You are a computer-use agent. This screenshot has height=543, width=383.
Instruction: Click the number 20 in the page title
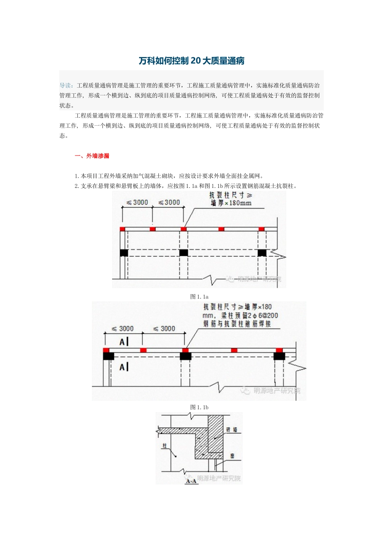[x=195, y=61]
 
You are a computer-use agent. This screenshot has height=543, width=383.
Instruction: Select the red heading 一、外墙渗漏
[x=92, y=156]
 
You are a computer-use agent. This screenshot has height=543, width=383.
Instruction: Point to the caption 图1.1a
[x=199, y=297]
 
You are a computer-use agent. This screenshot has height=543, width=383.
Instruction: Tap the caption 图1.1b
[x=199, y=407]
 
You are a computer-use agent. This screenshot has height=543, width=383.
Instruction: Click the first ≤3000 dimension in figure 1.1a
[x=137, y=202]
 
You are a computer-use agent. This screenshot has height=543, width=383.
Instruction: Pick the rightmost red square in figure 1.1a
[x=261, y=229]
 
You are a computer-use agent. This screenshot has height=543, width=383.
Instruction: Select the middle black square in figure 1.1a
[x=183, y=253]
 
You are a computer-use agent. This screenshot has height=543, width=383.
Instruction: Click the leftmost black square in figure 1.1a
[x=124, y=253]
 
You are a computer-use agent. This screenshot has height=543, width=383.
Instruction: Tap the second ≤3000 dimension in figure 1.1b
[x=164, y=329]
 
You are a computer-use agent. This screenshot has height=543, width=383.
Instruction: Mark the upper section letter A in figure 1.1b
[x=122, y=342]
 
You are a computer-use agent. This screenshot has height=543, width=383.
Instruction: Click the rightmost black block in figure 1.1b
[x=279, y=356]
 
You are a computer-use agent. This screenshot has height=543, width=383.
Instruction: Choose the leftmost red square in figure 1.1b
[x=106, y=350]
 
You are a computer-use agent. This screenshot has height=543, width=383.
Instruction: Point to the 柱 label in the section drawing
[x=164, y=446]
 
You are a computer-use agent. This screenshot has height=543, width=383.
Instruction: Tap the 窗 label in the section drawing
[x=232, y=456]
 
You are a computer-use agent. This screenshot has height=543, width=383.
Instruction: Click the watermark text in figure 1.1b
[x=277, y=391]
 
